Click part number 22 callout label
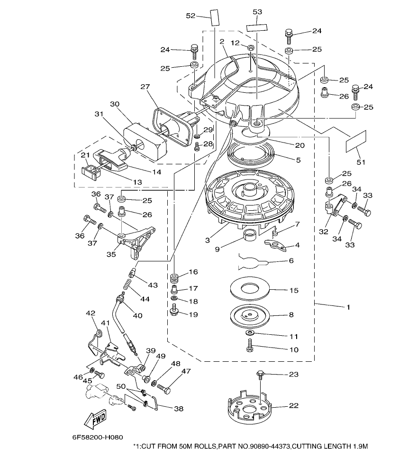tap(294, 405)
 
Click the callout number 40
tap(137, 315)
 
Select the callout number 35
tap(111, 254)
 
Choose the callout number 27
tap(145, 87)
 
